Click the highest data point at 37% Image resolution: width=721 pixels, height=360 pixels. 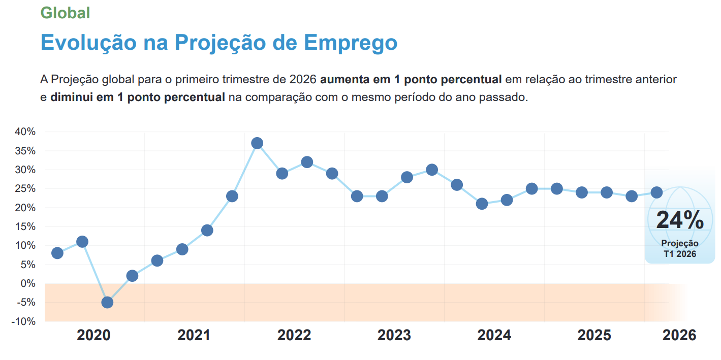coord(257,143)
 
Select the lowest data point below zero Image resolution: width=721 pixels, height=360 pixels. coord(107,303)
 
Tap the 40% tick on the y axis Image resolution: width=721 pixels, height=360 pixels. coord(25,132)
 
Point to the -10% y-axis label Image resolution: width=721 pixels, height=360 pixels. coord(23,321)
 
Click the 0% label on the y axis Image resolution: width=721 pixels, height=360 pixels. coord(28,283)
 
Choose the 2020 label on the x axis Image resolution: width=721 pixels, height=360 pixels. coord(94,335)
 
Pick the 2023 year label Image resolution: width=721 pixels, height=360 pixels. coord(394,335)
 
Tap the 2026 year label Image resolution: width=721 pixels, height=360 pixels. coord(679,335)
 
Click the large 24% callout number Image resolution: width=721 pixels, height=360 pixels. coord(680,220)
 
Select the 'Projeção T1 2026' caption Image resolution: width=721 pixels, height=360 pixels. coord(680,249)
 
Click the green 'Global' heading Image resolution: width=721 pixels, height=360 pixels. coord(65,13)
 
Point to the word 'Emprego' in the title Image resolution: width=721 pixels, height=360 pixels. coord(351,43)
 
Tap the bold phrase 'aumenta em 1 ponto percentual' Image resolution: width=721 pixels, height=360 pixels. coord(411,80)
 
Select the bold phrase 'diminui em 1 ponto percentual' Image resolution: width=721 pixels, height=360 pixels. coord(137,97)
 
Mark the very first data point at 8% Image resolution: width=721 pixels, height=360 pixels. coord(57,253)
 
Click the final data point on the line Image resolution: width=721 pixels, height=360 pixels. coord(656,192)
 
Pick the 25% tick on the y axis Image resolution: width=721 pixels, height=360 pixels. coord(25,189)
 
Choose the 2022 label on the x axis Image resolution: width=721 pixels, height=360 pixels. coord(294,335)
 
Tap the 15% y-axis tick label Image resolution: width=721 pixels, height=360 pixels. coord(25,226)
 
